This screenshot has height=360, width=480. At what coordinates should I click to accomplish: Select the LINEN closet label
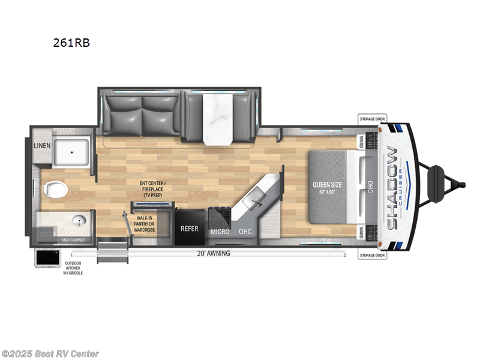[x=42, y=146]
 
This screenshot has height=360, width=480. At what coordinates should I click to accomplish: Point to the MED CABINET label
[x=74, y=240]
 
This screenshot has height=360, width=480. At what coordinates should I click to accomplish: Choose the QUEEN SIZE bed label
[x=327, y=185]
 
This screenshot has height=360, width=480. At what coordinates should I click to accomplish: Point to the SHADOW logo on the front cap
[x=393, y=187]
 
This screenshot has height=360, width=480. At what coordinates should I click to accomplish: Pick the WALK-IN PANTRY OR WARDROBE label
[x=144, y=224]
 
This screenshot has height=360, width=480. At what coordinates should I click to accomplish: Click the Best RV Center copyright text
[x=50, y=354]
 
